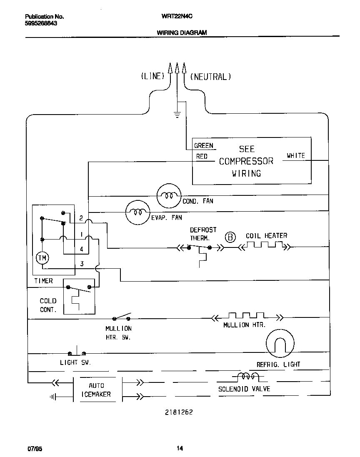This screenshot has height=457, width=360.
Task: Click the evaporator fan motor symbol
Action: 137,212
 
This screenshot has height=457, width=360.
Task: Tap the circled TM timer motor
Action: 42,258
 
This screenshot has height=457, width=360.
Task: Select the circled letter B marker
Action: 230,237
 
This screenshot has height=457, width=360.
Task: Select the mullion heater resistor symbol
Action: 247,317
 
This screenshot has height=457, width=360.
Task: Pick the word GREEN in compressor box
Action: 203,146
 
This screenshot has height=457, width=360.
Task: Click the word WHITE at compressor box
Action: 295,156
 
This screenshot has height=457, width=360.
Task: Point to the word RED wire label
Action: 202,157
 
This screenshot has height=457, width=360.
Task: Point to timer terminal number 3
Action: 82,264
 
